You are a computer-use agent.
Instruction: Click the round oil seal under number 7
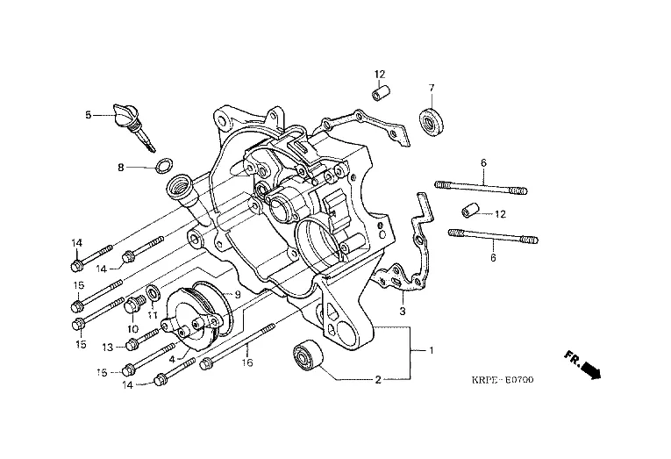coord(432,120)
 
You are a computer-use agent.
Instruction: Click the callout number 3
coord(402,310)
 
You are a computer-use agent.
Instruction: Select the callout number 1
coord(431,350)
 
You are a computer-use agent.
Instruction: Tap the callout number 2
coord(378,380)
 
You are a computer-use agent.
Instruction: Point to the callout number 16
coord(247,362)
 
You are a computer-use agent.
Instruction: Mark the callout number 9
coord(236,294)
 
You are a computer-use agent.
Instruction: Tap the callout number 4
coord(172,357)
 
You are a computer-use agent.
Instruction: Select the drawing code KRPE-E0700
coord(502,380)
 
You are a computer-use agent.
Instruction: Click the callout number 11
coord(152,314)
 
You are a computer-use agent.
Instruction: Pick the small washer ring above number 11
coord(153,290)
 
